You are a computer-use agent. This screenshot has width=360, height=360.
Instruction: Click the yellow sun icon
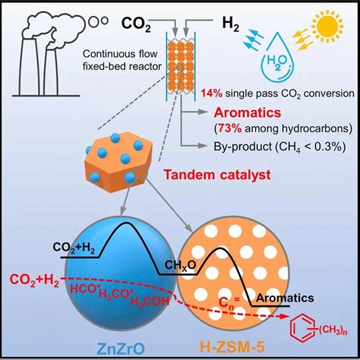328,26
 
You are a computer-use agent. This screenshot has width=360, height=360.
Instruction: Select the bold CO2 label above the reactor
136,24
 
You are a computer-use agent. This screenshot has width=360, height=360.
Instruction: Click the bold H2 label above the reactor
230,24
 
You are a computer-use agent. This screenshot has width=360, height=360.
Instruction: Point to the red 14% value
212,93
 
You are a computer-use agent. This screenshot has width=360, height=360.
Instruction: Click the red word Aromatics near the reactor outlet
248,112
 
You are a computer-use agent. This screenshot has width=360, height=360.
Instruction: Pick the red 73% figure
229,128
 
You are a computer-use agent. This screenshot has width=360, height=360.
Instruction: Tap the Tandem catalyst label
217,175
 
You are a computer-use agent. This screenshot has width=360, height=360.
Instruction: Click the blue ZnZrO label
121,349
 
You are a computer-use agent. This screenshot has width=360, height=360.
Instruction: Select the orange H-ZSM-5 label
232,348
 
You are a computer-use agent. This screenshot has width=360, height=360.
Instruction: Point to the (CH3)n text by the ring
333,330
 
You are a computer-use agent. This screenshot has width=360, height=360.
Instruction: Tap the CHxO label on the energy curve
180,266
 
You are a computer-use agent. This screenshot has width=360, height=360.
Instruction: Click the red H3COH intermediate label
150,301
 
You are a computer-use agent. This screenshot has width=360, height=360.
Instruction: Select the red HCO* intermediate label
83,289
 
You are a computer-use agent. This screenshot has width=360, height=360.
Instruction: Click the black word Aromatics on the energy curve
285,298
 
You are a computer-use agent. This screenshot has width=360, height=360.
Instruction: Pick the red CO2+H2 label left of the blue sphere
34,280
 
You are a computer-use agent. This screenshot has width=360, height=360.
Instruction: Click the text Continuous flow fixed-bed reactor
122,60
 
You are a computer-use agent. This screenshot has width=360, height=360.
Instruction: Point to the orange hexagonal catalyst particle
118,162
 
